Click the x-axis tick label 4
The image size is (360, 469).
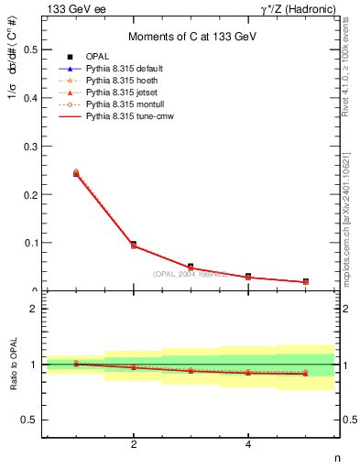248,445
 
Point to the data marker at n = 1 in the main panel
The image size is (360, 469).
76,173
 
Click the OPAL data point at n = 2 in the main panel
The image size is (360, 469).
134,245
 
